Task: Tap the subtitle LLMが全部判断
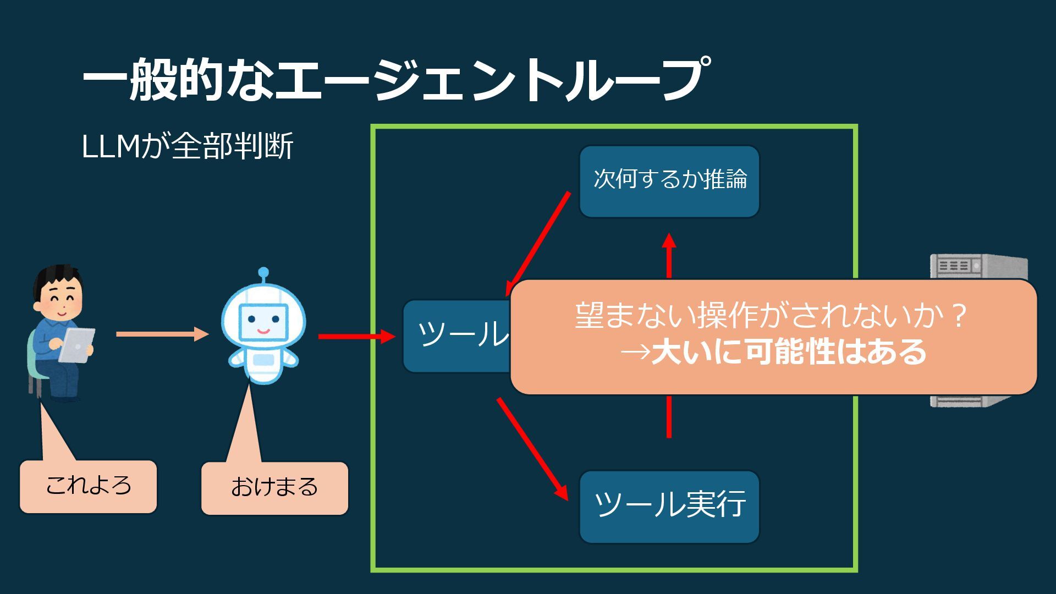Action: [x=187, y=146]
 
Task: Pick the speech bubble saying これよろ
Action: [x=88, y=486]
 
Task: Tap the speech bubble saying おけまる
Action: [x=274, y=488]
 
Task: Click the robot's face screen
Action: [x=263, y=321]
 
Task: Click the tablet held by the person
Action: [x=77, y=345]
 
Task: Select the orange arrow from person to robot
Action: [x=162, y=334]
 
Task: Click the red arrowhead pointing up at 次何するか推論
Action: [x=669, y=242]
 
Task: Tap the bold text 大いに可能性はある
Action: [x=789, y=352]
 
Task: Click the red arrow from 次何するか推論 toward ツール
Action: [x=539, y=242]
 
